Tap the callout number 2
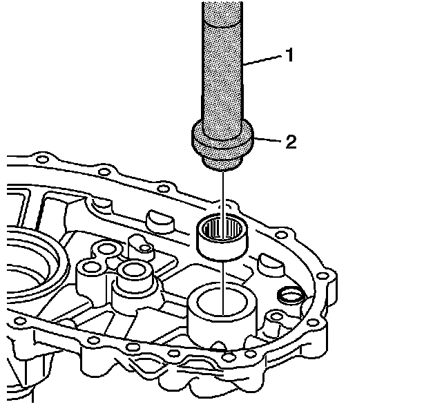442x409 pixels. (x=291, y=143)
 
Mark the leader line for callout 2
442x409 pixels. (x=266, y=141)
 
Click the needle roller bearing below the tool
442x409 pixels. (x=222, y=235)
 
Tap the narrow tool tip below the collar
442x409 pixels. (x=222, y=163)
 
